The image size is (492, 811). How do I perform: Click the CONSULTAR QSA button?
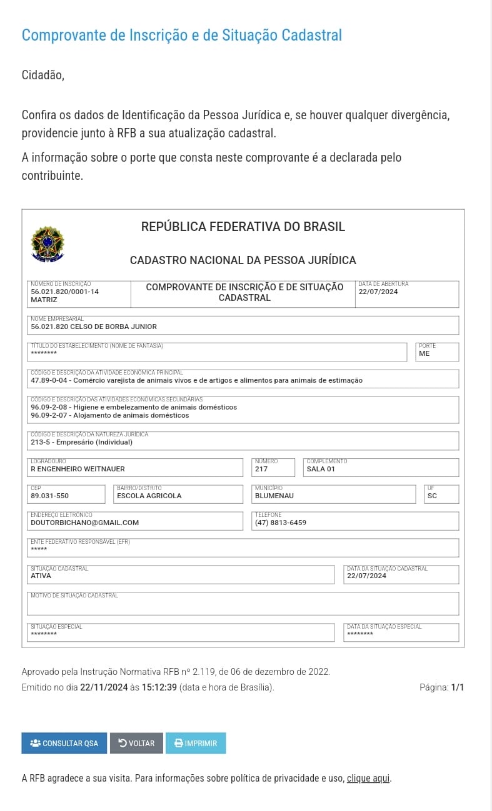(64, 743)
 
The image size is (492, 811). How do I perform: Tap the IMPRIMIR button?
(196, 743)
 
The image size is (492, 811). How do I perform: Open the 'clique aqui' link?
(368, 778)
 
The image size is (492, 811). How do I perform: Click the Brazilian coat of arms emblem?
(48, 244)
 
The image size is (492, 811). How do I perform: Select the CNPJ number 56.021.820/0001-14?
(64, 292)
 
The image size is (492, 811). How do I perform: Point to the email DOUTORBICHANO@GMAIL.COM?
(84, 523)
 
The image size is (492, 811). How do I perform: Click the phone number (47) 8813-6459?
(281, 523)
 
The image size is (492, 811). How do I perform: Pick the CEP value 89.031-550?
(49, 496)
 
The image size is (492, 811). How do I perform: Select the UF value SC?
(433, 496)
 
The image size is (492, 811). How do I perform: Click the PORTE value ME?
(424, 353)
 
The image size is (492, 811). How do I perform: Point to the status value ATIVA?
(41, 576)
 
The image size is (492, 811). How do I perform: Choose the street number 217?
(261, 469)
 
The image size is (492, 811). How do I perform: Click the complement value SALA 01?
(321, 469)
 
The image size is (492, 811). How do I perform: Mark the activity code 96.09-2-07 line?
(109, 415)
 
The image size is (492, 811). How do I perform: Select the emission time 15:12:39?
(159, 687)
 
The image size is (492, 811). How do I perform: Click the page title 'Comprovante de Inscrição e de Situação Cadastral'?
(181, 35)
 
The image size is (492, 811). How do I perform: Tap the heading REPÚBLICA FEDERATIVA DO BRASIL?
(243, 227)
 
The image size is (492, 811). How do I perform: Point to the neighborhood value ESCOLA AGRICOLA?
(149, 496)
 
